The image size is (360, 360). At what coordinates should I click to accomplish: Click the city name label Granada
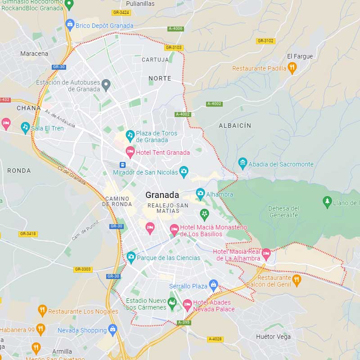click(162, 195)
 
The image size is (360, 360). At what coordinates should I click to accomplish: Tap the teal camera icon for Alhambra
click(200, 194)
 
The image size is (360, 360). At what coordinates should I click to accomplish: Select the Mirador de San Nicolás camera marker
click(184, 171)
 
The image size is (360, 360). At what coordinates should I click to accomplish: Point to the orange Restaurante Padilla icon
click(292, 68)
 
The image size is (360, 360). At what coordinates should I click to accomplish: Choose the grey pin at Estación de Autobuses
click(106, 84)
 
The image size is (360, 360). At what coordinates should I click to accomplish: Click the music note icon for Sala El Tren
click(25, 127)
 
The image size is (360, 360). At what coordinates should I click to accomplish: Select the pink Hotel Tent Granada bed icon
click(130, 152)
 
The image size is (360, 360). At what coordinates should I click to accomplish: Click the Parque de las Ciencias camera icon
click(131, 257)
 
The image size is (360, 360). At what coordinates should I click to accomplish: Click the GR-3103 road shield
click(174, 47)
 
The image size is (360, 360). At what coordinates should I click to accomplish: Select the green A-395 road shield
click(183, 322)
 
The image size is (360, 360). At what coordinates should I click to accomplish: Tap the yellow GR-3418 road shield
click(28, 234)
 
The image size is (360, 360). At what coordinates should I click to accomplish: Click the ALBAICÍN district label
click(235, 126)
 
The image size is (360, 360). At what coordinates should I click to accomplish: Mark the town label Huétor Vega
click(273, 337)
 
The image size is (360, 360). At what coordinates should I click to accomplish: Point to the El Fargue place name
click(300, 56)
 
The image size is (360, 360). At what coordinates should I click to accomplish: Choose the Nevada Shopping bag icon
click(112, 330)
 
